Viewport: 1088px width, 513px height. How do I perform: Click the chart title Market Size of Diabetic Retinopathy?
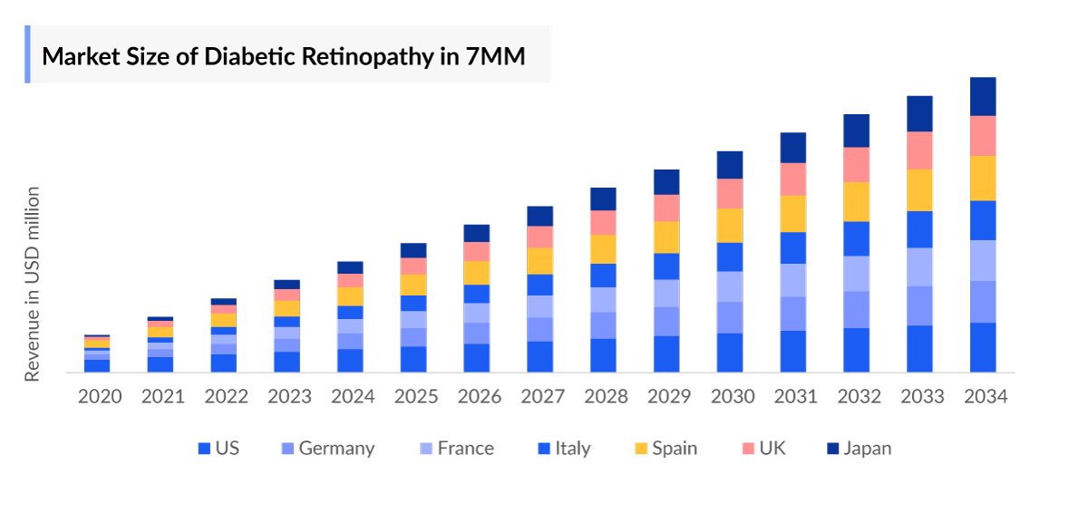[x=284, y=55]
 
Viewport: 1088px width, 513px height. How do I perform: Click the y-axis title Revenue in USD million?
[x=33, y=284]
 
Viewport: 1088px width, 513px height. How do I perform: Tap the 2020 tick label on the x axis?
[x=100, y=397]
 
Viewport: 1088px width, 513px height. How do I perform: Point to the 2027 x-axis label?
[x=540, y=397]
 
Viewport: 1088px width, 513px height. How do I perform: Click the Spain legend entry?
[x=665, y=449]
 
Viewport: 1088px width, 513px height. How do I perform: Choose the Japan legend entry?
[x=858, y=449]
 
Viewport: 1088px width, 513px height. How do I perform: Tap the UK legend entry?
[x=763, y=449]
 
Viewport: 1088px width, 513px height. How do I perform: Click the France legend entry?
[x=455, y=449]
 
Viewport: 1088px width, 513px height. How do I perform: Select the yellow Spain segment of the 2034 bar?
[x=983, y=178]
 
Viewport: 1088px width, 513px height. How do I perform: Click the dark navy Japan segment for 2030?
[x=730, y=165]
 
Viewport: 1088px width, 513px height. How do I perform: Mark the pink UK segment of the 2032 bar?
[x=857, y=165]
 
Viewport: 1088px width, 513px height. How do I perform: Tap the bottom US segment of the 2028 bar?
[x=603, y=355]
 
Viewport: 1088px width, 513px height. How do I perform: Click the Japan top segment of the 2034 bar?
[x=983, y=96]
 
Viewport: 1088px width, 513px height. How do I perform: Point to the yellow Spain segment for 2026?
[x=477, y=273]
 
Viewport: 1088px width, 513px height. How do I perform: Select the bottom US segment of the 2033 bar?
[x=919, y=349]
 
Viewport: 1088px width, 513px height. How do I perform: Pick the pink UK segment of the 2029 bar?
[x=666, y=208]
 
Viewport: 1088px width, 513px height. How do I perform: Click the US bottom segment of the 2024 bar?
[x=350, y=361]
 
